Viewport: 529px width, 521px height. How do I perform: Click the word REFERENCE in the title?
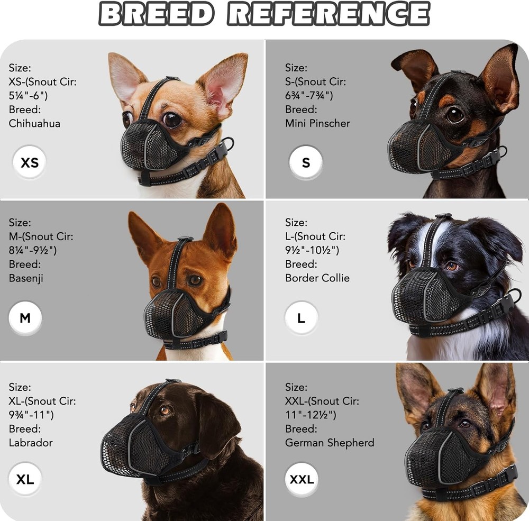328,14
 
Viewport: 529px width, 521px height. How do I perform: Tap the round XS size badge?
30,162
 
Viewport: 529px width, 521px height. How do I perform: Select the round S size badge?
306,162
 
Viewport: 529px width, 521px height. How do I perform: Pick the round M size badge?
25,318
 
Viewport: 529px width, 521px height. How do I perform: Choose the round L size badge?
301,318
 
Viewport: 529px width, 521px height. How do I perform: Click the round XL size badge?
25,480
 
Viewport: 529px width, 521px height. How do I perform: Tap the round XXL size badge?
302,480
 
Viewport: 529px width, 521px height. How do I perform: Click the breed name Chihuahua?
34,123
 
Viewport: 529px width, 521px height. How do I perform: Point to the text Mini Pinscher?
317,123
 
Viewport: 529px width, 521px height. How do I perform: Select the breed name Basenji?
26,278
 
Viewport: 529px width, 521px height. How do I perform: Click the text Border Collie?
317,278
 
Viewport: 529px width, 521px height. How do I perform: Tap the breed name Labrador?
31,442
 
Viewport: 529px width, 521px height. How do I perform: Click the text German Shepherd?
330,442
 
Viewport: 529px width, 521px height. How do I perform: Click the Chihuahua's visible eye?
172,120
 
